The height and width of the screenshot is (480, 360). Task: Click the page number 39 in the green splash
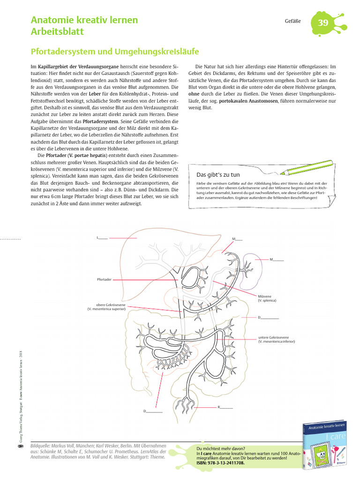(x=323, y=23)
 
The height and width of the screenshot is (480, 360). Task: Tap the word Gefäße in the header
(x=292, y=22)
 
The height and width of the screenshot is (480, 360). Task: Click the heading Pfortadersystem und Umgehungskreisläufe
(x=115, y=51)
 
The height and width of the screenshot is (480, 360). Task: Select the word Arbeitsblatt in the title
(x=58, y=32)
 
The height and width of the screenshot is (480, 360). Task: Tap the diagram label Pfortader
(x=104, y=279)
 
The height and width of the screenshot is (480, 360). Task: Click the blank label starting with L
(x=102, y=238)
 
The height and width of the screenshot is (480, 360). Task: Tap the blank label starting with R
(x=225, y=407)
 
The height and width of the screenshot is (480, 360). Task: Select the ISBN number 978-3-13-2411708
(x=220, y=463)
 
